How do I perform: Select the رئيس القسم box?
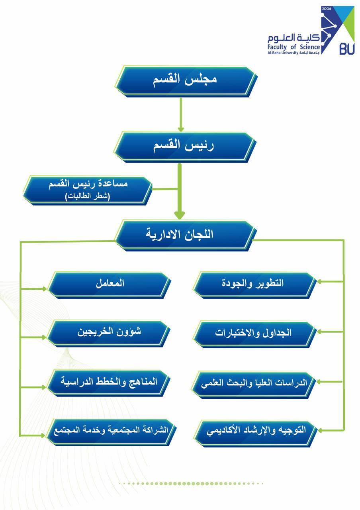(x=184, y=146)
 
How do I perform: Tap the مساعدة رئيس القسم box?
(x=88, y=190)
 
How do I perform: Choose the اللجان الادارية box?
(x=184, y=234)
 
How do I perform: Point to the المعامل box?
(x=109, y=284)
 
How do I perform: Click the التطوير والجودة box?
(x=255, y=284)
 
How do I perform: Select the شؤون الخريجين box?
(x=109, y=332)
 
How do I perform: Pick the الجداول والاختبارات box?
(x=255, y=333)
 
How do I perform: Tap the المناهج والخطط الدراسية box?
(x=109, y=381)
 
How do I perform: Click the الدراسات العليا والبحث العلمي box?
(x=255, y=383)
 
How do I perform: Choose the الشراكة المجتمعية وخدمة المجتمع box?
(x=109, y=431)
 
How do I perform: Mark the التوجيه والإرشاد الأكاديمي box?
(x=255, y=431)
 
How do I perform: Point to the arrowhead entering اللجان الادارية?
(x=180, y=215)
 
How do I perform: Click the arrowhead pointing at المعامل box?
(x=44, y=289)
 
